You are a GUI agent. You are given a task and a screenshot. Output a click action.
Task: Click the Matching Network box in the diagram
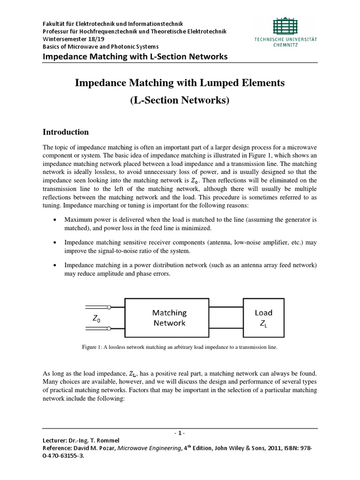169,317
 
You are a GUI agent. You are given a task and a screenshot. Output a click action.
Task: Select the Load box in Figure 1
263,317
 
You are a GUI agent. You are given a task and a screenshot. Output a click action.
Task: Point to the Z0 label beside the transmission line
96,319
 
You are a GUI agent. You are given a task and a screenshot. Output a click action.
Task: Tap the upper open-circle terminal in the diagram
109,307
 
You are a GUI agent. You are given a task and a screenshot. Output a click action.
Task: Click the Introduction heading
66,132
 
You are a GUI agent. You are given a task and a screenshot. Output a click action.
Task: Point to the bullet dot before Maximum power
56,219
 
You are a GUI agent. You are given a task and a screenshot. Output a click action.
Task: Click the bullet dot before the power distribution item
56,265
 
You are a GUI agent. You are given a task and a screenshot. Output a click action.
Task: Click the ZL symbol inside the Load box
263,323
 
